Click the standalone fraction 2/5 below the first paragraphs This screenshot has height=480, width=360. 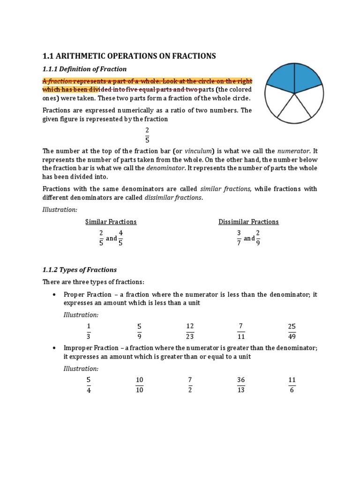click(x=147, y=135)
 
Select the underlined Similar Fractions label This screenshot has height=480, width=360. click(x=111, y=222)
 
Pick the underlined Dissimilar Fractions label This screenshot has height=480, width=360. click(x=248, y=222)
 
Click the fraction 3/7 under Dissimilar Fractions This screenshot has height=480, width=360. click(x=239, y=238)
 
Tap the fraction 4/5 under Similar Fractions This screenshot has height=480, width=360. click(x=121, y=238)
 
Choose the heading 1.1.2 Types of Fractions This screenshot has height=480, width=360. click(x=80, y=270)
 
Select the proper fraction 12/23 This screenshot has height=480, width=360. click(x=190, y=331)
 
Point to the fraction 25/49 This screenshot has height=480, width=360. click(x=292, y=331)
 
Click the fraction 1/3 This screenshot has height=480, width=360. click(x=88, y=331)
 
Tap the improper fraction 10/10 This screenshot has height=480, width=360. click(x=139, y=385)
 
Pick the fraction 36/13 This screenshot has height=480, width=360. click(x=241, y=385)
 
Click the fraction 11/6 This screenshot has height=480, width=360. click(x=292, y=385)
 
